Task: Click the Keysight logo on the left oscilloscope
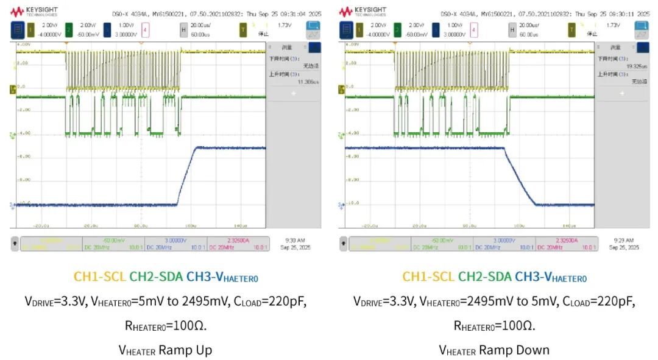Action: (35, 12)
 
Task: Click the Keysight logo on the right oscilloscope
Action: (363, 12)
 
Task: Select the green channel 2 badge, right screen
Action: (397, 29)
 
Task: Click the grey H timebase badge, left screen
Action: (183, 29)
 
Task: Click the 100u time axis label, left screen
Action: (191, 225)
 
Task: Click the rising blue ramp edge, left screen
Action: (186, 177)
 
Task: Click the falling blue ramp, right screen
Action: (520, 177)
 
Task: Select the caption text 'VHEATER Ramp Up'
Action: (164, 350)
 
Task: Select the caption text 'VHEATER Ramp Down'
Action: (494, 350)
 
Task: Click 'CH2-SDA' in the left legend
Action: (155, 277)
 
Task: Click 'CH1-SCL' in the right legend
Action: (428, 277)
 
